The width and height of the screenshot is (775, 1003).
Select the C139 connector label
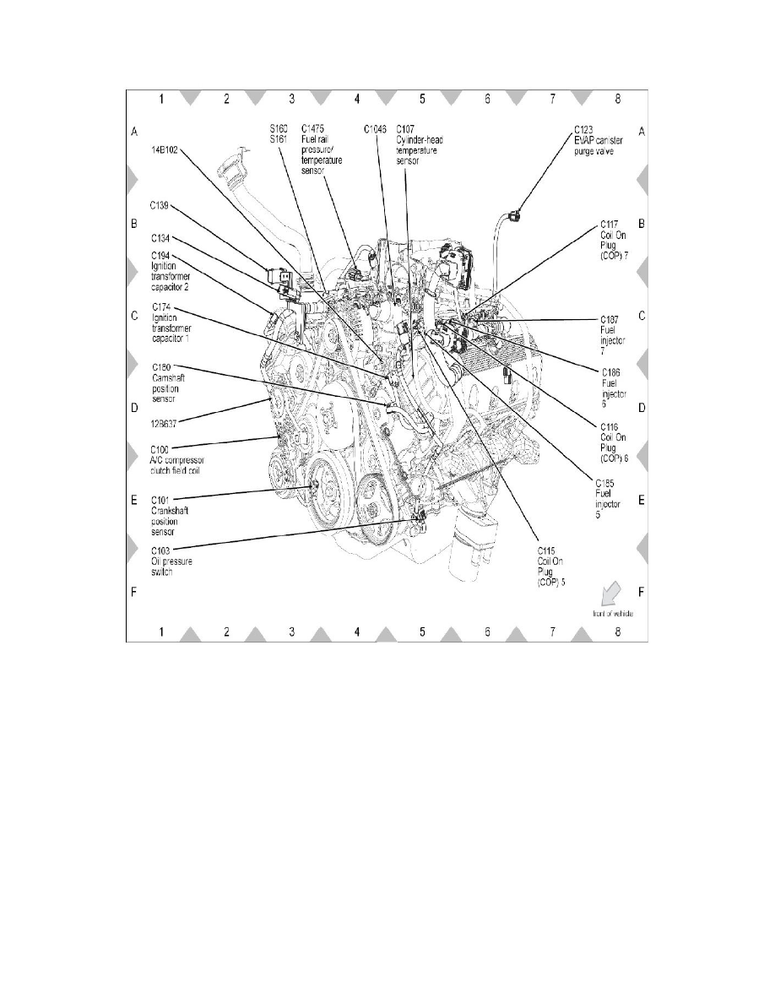pyautogui.click(x=160, y=204)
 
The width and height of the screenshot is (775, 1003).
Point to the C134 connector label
pyautogui.click(x=160, y=238)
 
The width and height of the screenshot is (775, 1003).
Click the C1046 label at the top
pyautogui.click(x=375, y=129)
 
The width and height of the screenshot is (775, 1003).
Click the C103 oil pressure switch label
pyautogui.click(x=171, y=561)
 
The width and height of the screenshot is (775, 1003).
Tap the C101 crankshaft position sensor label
pyautogui.click(x=174, y=516)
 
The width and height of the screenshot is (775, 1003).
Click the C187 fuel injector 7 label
pyautogui.click(x=610, y=331)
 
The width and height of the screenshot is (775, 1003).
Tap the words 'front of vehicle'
pyautogui.click(x=612, y=614)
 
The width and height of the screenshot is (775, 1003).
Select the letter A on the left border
pyautogui.click(x=133, y=133)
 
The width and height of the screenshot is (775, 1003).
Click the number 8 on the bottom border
pyautogui.click(x=618, y=633)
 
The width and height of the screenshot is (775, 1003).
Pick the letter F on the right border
pyautogui.click(x=642, y=593)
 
